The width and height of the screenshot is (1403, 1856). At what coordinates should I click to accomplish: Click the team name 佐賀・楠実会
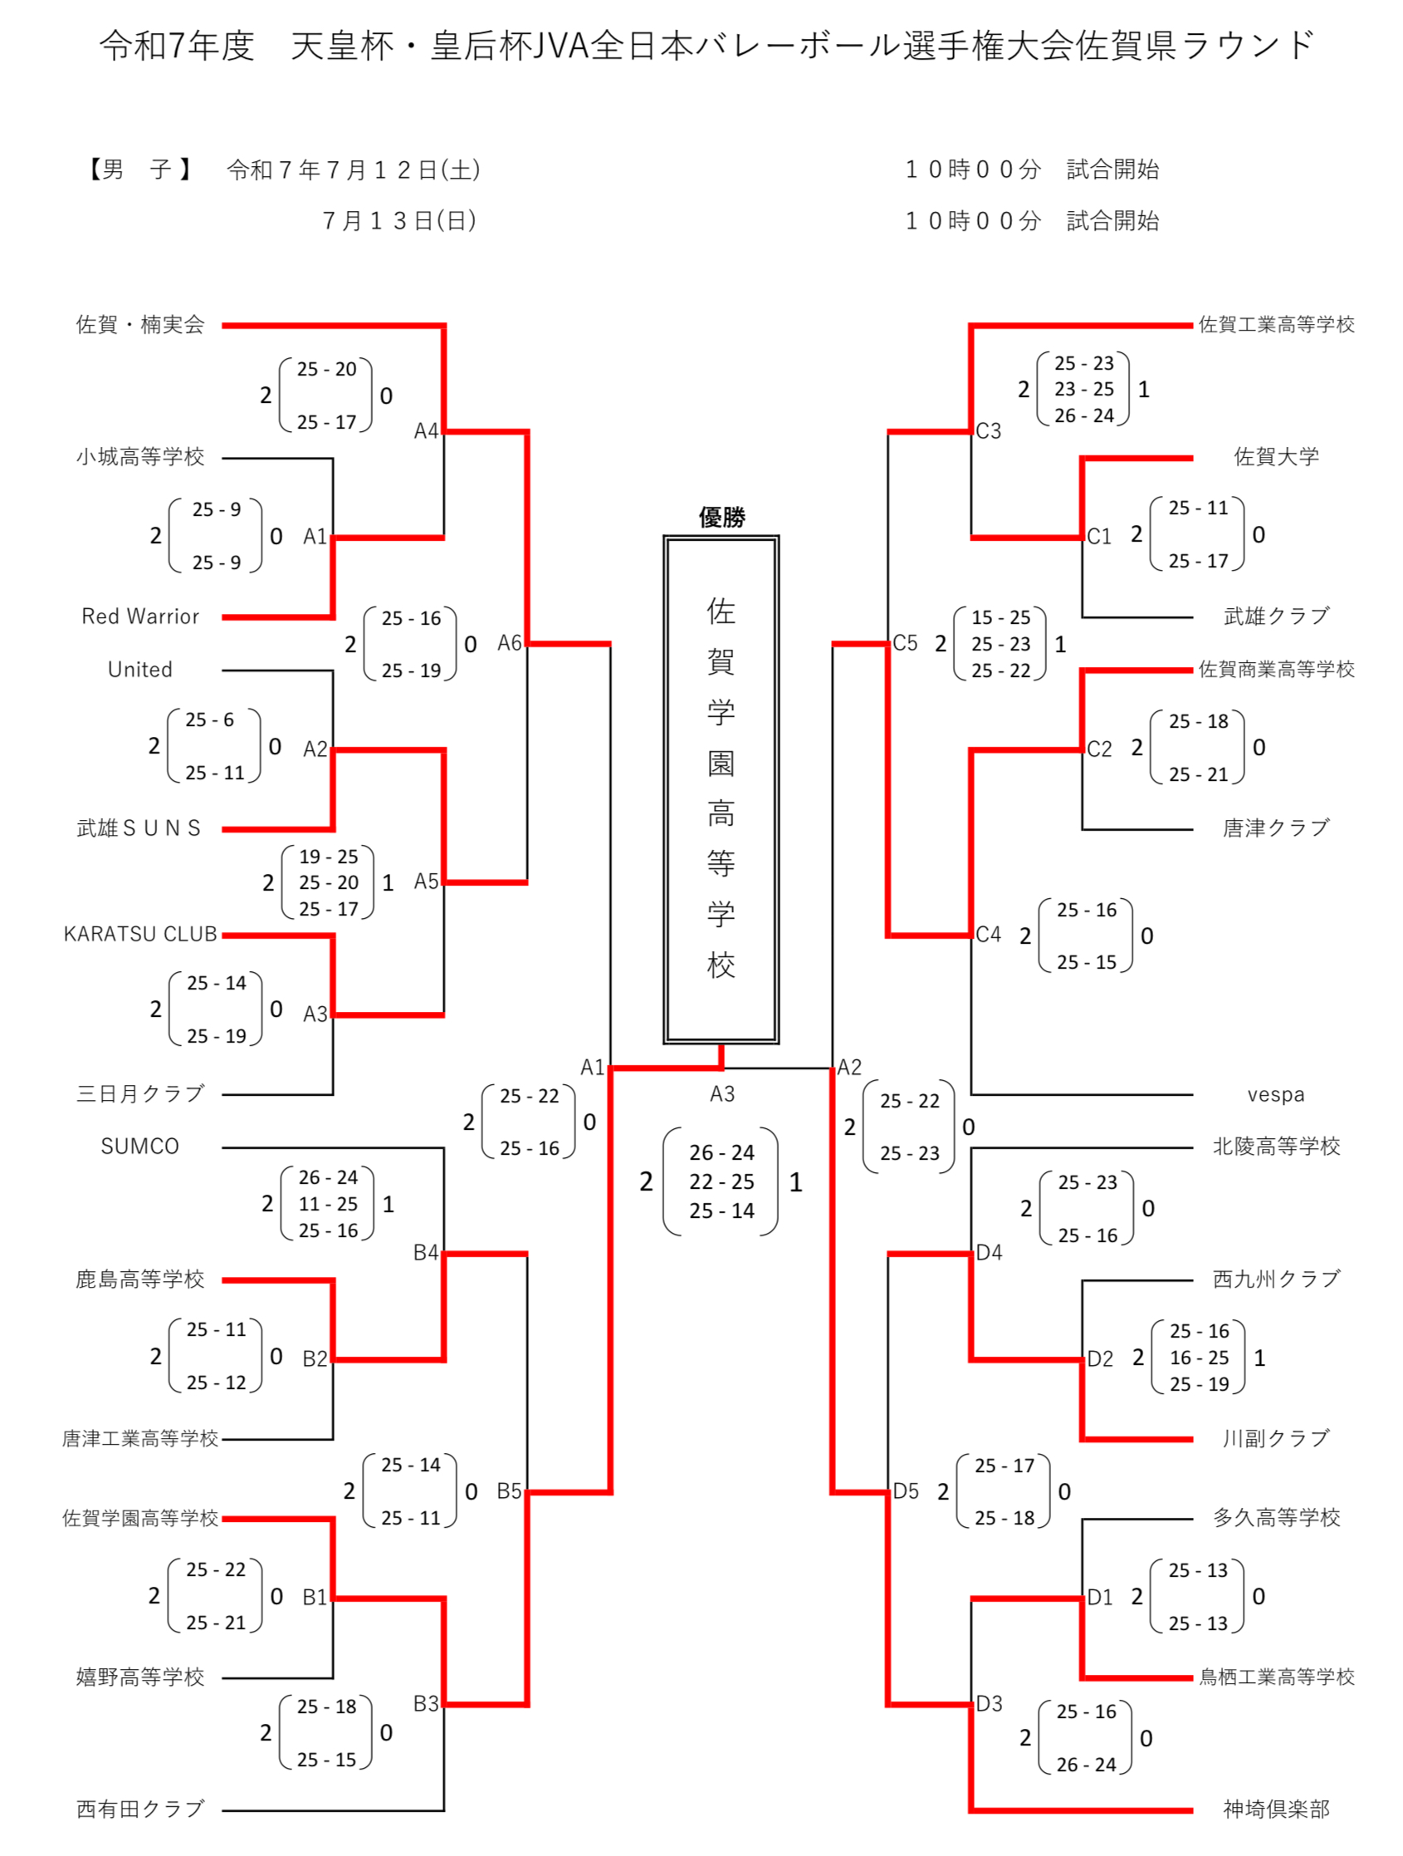coord(140,324)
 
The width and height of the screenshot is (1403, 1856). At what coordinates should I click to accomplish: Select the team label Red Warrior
coord(140,616)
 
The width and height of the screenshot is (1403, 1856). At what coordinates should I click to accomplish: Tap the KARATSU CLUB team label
coord(140,934)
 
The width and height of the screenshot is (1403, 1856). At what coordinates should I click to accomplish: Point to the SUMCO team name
coord(140,1146)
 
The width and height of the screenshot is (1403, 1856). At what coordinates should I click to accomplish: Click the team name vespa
coord(1274,1094)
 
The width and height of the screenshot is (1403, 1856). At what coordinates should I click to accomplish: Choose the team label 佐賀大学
coord(1275,456)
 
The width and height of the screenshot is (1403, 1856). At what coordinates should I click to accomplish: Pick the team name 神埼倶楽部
coord(1275,1809)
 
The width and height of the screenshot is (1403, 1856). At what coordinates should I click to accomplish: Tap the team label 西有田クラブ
coord(140,1809)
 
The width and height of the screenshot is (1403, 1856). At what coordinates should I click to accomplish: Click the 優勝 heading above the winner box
coord(721,517)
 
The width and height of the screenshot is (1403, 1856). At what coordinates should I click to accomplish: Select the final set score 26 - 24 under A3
coord(721,1152)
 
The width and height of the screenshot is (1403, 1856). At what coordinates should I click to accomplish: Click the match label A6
coord(509,643)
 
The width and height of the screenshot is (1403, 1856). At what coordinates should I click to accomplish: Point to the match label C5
coord(904,643)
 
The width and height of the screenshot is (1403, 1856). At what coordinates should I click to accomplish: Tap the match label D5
coord(905,1491)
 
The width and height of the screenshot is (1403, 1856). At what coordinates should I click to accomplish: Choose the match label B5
coord(509,1491)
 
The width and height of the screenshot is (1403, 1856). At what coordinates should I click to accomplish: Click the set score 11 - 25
coord(328,1204)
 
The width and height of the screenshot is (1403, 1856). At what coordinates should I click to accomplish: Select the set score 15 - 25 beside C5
coord(1000,616)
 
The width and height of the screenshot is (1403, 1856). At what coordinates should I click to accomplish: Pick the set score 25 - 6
coord(210,719)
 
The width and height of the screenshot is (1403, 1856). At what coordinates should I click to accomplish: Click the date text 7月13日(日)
coord(399,221)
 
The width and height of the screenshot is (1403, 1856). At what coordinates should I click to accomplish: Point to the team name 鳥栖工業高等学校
coord(1275,1677)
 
